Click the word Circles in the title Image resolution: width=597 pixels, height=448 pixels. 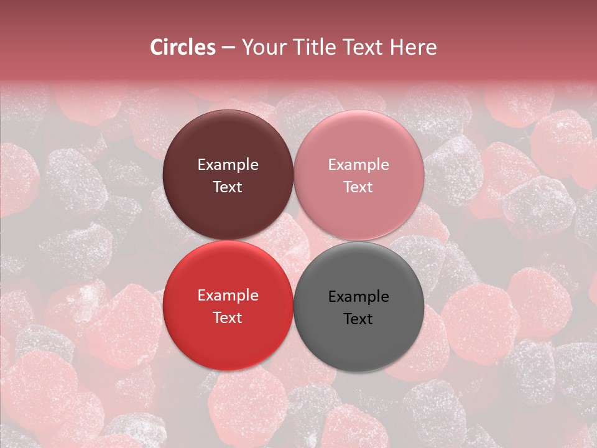[182, 47]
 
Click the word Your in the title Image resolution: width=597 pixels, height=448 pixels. [261, 47]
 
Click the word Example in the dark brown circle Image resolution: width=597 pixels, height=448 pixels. [228, 165]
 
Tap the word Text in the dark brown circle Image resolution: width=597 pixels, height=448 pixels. [228, 187]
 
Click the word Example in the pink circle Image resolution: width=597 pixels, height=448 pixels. [359, 165]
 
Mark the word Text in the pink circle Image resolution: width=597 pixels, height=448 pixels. [359, 187]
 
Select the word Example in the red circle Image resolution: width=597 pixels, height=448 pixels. [228, 296]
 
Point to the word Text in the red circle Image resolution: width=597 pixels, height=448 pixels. [228, 317]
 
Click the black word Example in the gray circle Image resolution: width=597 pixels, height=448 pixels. [359, 297]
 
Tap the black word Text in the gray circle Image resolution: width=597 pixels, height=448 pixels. [359, 319]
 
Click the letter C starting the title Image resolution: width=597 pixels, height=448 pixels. [157, 47]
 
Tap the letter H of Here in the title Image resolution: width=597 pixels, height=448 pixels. [397, 47]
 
